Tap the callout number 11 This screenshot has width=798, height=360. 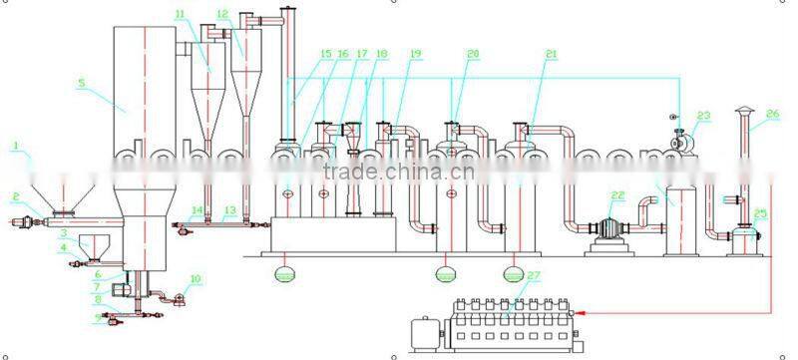click(179, 14)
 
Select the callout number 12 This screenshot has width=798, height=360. click(221, 14)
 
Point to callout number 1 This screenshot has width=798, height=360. click(15, 147)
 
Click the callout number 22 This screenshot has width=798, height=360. click(617, 195)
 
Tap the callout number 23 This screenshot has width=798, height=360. click(704, 116)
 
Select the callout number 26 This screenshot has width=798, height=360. click(772, 113)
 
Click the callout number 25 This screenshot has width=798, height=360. click(760, 212)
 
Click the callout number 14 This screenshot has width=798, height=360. click(197, 209)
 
